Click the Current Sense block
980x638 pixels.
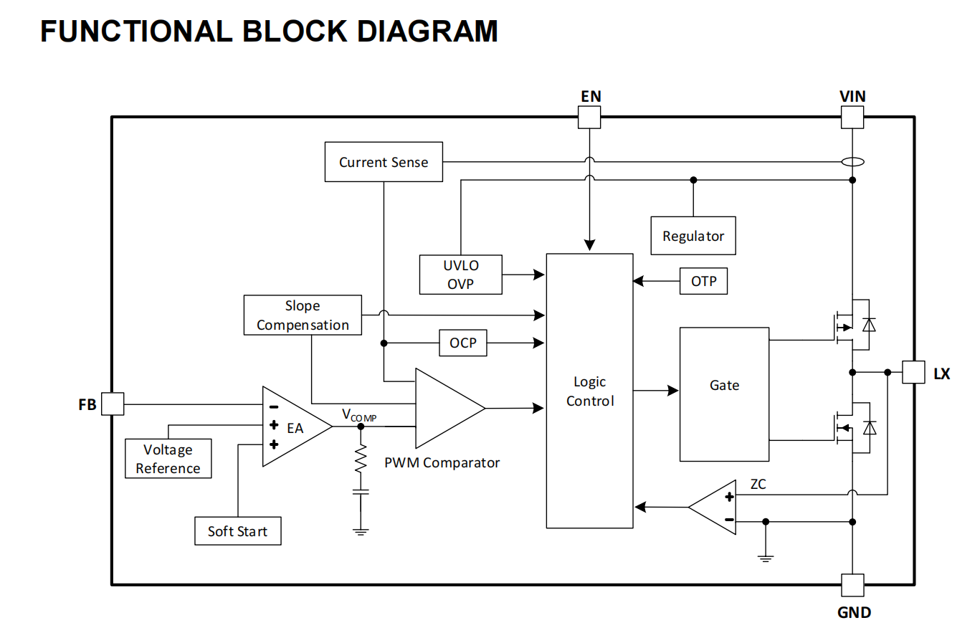pyautogui.click(x=384, y=162)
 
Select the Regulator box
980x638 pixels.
pyautogui.click(x=693, y=236)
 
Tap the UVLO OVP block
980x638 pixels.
pyautogui.click(x=460, y=275)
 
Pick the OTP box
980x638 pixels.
pyautogui.click(x=703, y=281)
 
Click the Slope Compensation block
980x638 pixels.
pyautogui.click(x=303, y=315)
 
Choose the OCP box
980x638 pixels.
pyautogui.click(x=462, y=343)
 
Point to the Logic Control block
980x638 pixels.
pyautogui.click(x=590, y=391)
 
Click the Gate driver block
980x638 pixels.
pyautogui.click(x=724, y=394)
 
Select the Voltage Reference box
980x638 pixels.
pyautogui.click(x=168, y=459)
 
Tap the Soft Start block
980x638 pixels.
pyautogui.click(x=237, y=531)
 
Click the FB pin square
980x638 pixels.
pyautogui.click(x=113, y=404)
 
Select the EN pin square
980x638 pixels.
pyautogui.click(x=589, y=117)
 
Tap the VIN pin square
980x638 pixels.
pyautogui.click(x=852, y=117)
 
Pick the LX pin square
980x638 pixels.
pyautogui.click(x=913, y=372)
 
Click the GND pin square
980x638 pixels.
pyautogui.click(x=852, y=585)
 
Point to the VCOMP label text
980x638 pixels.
pyautogui.click(x=358, y=415)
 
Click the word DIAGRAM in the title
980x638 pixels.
pyautogui.click(x=427, y=32)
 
